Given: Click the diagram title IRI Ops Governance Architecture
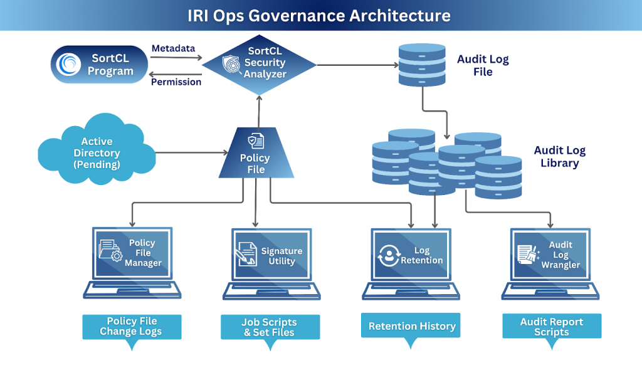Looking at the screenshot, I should coord(319,16).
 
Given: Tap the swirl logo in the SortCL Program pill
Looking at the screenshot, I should coord(68,64).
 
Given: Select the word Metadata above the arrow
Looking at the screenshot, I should coord(173,48).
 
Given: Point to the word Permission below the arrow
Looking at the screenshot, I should coord(176,82).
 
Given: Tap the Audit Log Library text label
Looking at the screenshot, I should coord(559,157).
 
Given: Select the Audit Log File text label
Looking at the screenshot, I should coord(483,66).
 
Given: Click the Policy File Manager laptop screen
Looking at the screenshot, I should coord(132,253).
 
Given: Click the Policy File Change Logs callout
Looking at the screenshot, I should coord(131,326).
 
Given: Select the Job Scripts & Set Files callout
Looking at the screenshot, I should coord(270,327).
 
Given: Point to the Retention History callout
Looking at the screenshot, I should coord(411,326).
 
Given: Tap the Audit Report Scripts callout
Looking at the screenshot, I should coord(551,327).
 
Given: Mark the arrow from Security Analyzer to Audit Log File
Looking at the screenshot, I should coord(357,65).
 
